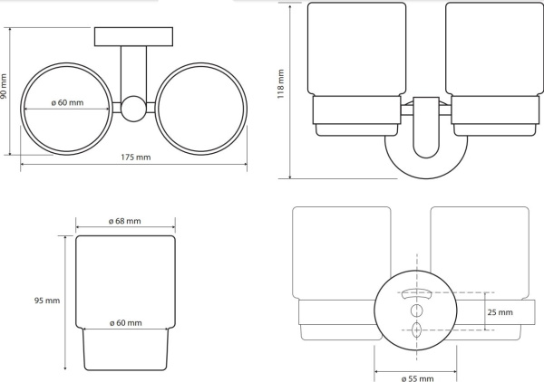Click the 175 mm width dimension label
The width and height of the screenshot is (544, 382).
coord(136,158)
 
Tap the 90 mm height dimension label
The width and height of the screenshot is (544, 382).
coord(4,87)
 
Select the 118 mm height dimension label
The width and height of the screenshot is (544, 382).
coord(280,84)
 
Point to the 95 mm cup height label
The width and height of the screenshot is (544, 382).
coord(47,301)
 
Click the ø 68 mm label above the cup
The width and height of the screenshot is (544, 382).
coord(124,221)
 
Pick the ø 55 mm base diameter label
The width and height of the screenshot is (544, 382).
coord(417,378)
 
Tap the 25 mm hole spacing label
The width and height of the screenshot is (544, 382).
coord(500,312)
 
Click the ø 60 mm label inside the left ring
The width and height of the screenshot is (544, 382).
coord(67,102)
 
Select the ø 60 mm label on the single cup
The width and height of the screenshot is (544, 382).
coord(126,323)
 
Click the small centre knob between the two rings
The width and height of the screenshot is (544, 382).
coord(133,109)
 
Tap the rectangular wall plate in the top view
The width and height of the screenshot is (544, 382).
coord(133,36)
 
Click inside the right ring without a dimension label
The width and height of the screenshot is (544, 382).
coord(201,109)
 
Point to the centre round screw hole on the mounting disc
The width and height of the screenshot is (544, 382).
coord(416,310)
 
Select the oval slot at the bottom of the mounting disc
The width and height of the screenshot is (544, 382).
coord(416,329)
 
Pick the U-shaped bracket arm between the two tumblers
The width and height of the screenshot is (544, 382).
coord(426,128)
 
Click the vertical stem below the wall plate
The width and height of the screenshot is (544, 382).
coord(133,71)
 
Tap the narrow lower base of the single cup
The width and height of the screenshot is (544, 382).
coord(125,349)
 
